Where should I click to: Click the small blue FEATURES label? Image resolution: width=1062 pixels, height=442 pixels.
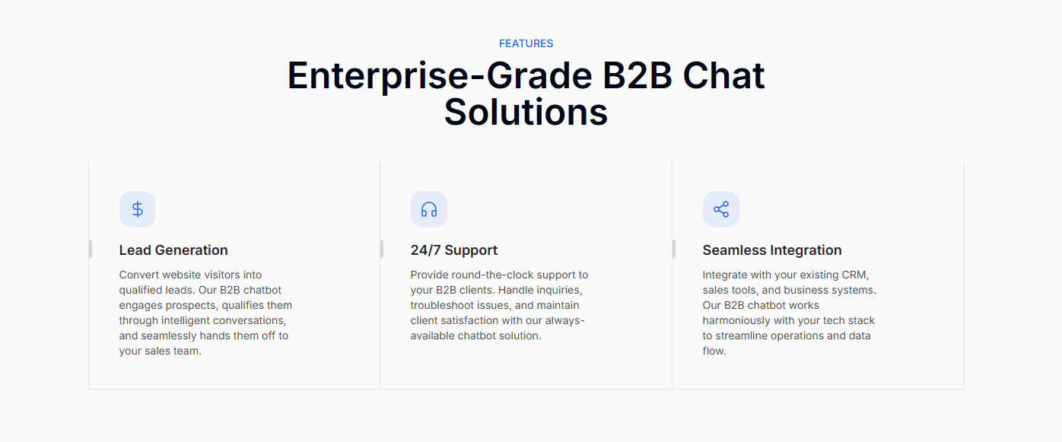click(x=526, y=43)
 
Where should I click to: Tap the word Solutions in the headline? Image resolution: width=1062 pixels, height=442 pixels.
click(x=526, y=112)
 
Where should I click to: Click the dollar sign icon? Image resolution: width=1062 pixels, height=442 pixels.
click(x=138, y=209)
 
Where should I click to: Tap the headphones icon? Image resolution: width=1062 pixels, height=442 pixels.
click(x=429, y=209)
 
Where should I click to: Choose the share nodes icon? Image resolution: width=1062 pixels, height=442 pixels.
click(x=720, y=209)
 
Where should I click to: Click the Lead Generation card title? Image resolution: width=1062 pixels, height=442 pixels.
click(x=173, y=250)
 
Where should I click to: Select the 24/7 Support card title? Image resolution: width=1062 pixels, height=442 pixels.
click(x=454, y=250)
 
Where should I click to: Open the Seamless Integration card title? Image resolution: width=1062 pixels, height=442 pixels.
click(x=772, y=250)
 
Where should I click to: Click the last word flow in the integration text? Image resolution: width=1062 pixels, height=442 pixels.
click(x=713, y=351)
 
